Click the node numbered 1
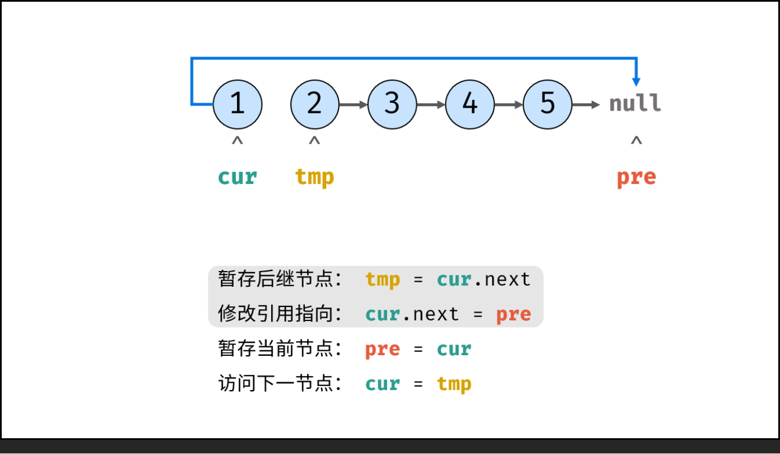click(x=238, y=104)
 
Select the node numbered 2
click(x=315, y=104)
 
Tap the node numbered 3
click(x=392, y=104)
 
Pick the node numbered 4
click(x=470, y=104)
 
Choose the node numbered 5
click(x=547, y=104)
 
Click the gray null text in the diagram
click(x=635, y=104)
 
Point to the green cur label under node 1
click(x=238, y=177)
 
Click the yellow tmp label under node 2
click(x=314, y=177)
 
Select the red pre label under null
click(x=636, y=177)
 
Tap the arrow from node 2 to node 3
click(x=354, y=104)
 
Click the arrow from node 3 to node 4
click(x=431, y=104)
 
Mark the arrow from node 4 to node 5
click(x=509, y=104)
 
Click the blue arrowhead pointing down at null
click(x=636, y=80)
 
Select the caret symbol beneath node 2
click(x=314, y=141)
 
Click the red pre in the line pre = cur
click(x=382, y=349)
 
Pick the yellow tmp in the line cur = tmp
click(x=454, y=384)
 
